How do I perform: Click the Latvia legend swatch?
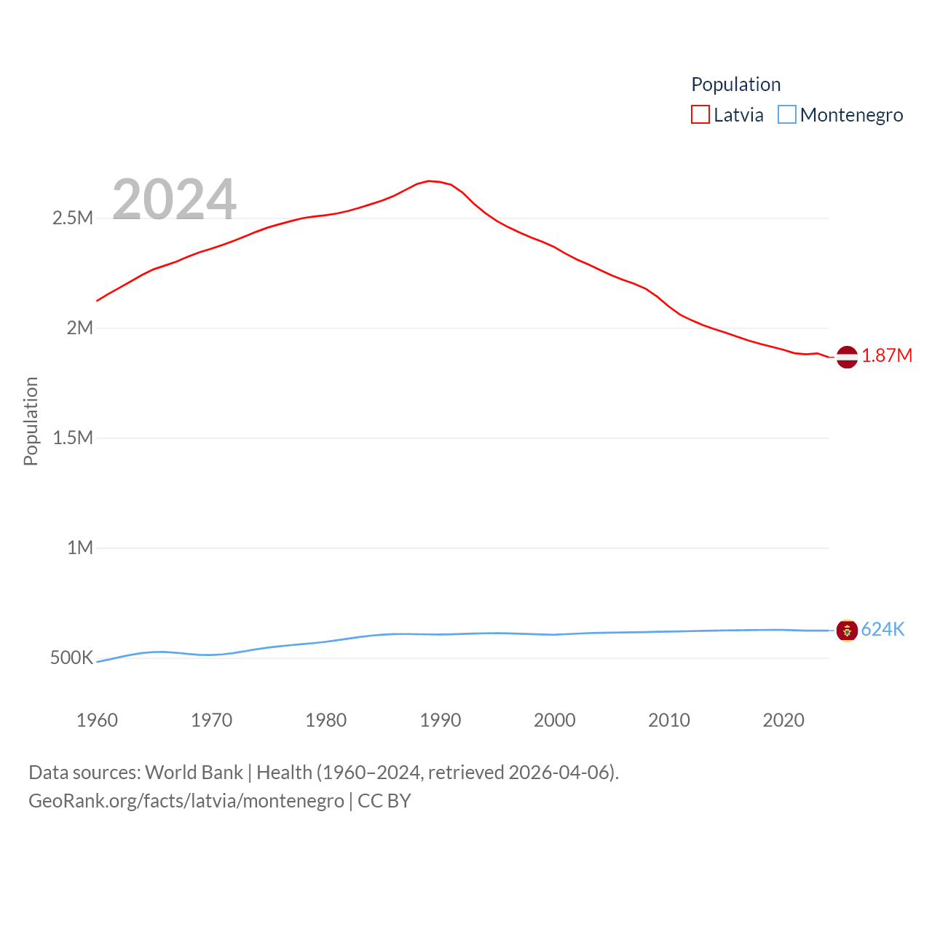tap(700, 115)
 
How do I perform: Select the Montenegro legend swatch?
tap(787, 115)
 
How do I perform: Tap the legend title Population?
tap(735, 84)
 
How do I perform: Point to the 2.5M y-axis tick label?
tap(73, 218)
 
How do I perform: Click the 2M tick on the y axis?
tap(80, 328)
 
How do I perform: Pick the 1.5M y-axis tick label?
tap(73, 438)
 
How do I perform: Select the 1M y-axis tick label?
tap(80, 548)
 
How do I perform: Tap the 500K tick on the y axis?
tap(71, 657)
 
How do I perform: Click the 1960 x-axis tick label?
tap(97, 720)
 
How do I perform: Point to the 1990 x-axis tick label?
tap(441, 720)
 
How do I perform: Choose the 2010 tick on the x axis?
tap(669, 720)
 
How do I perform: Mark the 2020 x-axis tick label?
tap(783, 720)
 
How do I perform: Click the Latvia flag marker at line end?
tap(847, 357)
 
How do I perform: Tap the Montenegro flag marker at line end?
tap(847, 631)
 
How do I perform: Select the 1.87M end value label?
tap(887, 355)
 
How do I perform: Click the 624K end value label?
tap(882, 629)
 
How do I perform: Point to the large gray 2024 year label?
tap(174, 200)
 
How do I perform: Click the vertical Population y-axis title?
tap(31, 421)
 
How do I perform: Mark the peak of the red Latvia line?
tap(429, 181)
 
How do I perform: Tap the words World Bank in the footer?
tap(194, 772)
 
